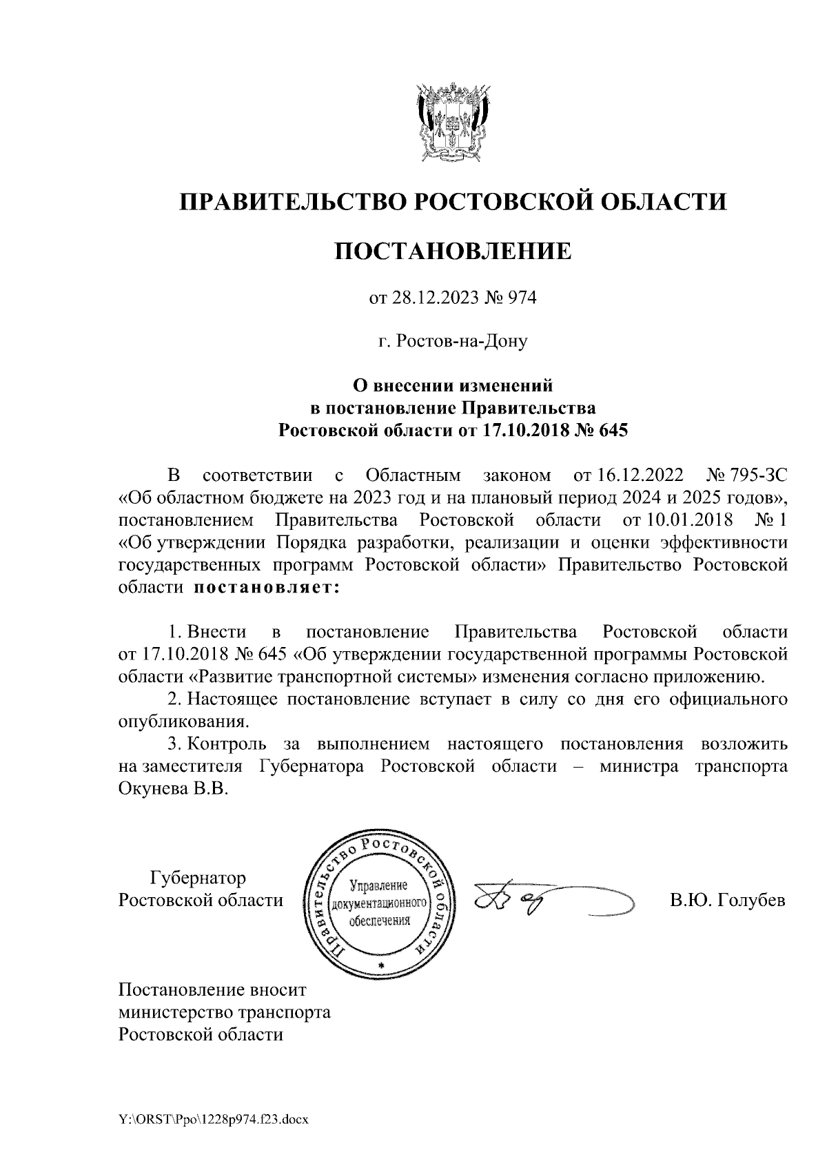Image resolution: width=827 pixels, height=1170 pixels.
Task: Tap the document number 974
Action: click(522, 299)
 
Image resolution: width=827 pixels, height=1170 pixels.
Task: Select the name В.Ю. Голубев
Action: click(728, 901)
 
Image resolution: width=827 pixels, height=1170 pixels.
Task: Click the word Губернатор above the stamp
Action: click(198, 879)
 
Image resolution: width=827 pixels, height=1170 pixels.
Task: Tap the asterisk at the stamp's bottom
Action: click(381, 966)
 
